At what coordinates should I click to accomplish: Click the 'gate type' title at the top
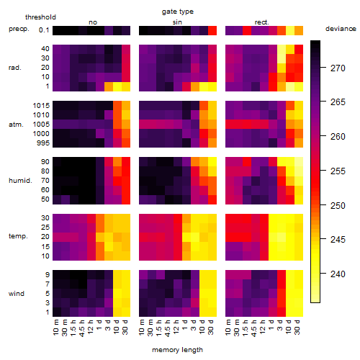[x=178, y=12]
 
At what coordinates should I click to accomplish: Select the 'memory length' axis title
[x=177, y=350]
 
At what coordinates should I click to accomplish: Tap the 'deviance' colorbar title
[x=341, y=29]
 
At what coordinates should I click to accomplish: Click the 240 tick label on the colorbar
[x=338, y=274]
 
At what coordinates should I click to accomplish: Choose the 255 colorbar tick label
[x=338, y=171]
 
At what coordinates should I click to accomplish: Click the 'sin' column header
[x=177, y=22]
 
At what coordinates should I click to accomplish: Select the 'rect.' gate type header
[x=261, y=22]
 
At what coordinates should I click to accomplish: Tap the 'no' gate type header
[x=93, y=22]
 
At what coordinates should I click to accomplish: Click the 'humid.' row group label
[x=20, y=181]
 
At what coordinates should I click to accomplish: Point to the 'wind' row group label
[x=17, y=294]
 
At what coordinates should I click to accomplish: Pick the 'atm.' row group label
[x=16, y=125]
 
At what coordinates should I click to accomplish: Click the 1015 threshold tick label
[x=41, y=106]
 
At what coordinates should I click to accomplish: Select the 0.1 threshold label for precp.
[x=44, y=30]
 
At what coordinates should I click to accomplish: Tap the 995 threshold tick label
[x=43, y=143]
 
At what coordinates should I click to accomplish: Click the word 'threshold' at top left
[x=40, y=17]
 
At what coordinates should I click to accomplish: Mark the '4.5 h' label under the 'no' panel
[x=81, y=328]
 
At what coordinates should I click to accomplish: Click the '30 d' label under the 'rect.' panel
[x=297, y=327]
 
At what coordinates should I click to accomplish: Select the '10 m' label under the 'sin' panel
[x=142, y=328]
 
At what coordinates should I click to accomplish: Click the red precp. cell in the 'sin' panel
[x=212, y=31]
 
